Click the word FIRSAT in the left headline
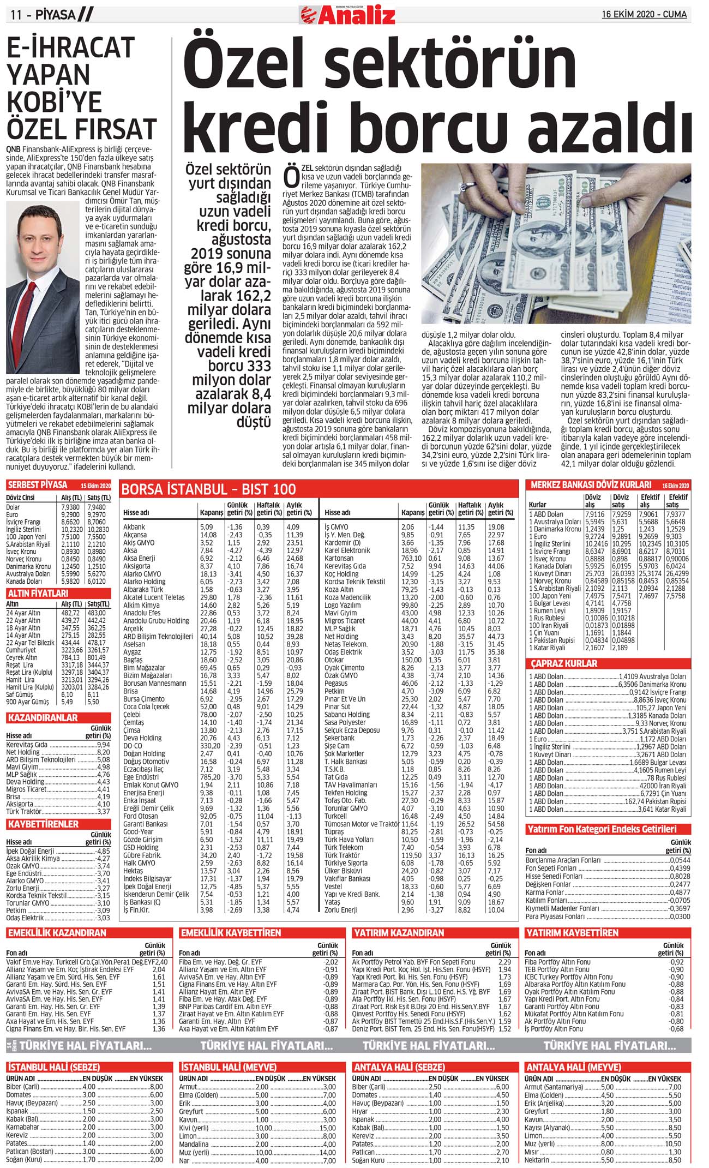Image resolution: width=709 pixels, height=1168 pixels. (117, 129)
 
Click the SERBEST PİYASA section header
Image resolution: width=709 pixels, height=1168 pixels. (38, 485)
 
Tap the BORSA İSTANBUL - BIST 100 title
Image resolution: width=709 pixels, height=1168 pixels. (208, 489)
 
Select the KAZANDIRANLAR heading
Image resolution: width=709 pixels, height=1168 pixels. (42, 718)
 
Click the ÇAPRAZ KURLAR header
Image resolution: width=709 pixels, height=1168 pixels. (564, 664)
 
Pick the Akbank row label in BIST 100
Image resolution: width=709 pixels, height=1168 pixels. (134, 528)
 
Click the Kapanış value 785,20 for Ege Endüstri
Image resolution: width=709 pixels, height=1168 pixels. (210, 777)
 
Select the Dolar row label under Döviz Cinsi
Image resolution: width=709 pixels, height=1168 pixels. (13, 507)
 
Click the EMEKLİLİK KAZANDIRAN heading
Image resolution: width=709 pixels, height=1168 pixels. (57, 933)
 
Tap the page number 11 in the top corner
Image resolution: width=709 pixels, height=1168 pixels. (16, 15)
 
